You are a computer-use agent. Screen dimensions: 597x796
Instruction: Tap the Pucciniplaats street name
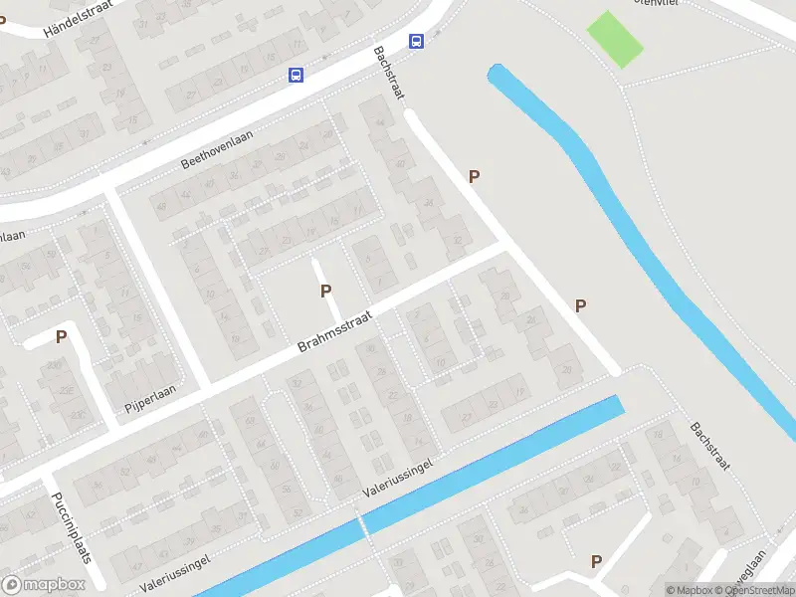pyautogui.click(x=71, y=525)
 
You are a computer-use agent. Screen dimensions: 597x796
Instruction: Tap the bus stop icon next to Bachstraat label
pyautogui.click(x=416, y=42)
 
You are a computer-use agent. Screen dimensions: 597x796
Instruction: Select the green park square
pyautogui.click(x=616, y=39)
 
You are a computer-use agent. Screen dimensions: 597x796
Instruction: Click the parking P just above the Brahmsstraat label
pyautogui.click(x=324, y=291)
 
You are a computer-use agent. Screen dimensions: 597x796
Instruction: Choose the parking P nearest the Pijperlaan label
pyautogui.click(x=61, y=336)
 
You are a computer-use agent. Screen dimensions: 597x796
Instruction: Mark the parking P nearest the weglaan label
pyautogui.click(x=596, y=561)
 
